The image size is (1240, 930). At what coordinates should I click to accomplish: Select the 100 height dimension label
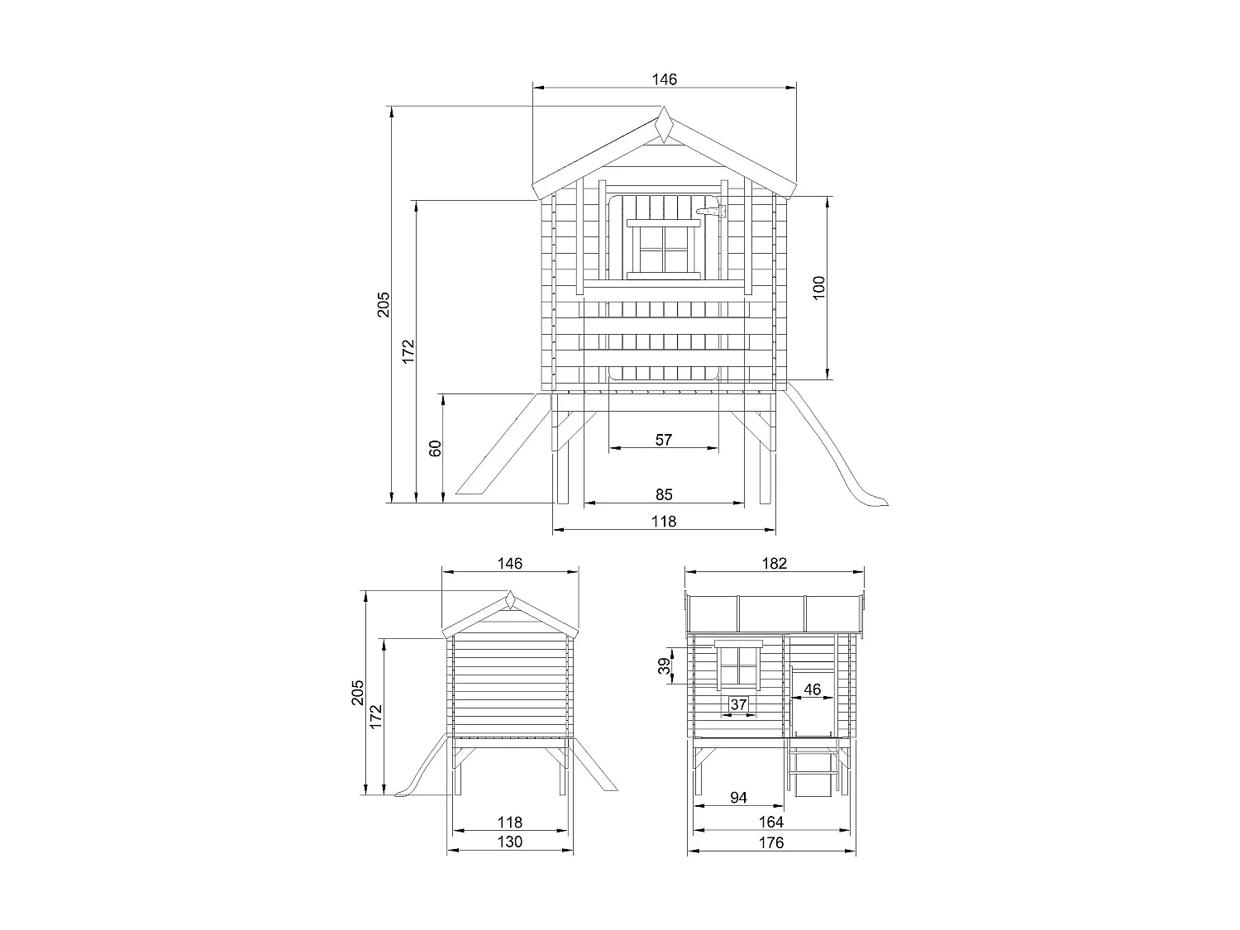coord(819,288)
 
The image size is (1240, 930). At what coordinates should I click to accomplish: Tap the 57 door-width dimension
coord(664,440)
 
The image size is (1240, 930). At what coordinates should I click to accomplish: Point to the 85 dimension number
coord(664,494)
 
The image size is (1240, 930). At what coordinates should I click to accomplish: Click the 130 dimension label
coord(510,842)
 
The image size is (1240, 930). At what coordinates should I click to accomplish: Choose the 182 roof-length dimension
coord(775,563)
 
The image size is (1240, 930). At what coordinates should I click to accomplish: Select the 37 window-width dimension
coord(738,704)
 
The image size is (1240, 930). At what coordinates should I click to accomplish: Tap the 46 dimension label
coord(813,689)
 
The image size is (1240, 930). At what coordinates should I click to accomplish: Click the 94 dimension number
coord(738,797)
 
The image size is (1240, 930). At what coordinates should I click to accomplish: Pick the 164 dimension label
coord(771,822)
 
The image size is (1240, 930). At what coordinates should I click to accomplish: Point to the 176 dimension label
coord(771,842)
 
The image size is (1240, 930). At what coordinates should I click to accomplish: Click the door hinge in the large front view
coord(712,212)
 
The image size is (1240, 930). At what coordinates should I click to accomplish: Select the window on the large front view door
coord(665,250)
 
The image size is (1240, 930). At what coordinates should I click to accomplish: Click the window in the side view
coord(739,665)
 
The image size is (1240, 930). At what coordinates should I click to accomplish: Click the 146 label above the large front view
coord(664,79)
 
